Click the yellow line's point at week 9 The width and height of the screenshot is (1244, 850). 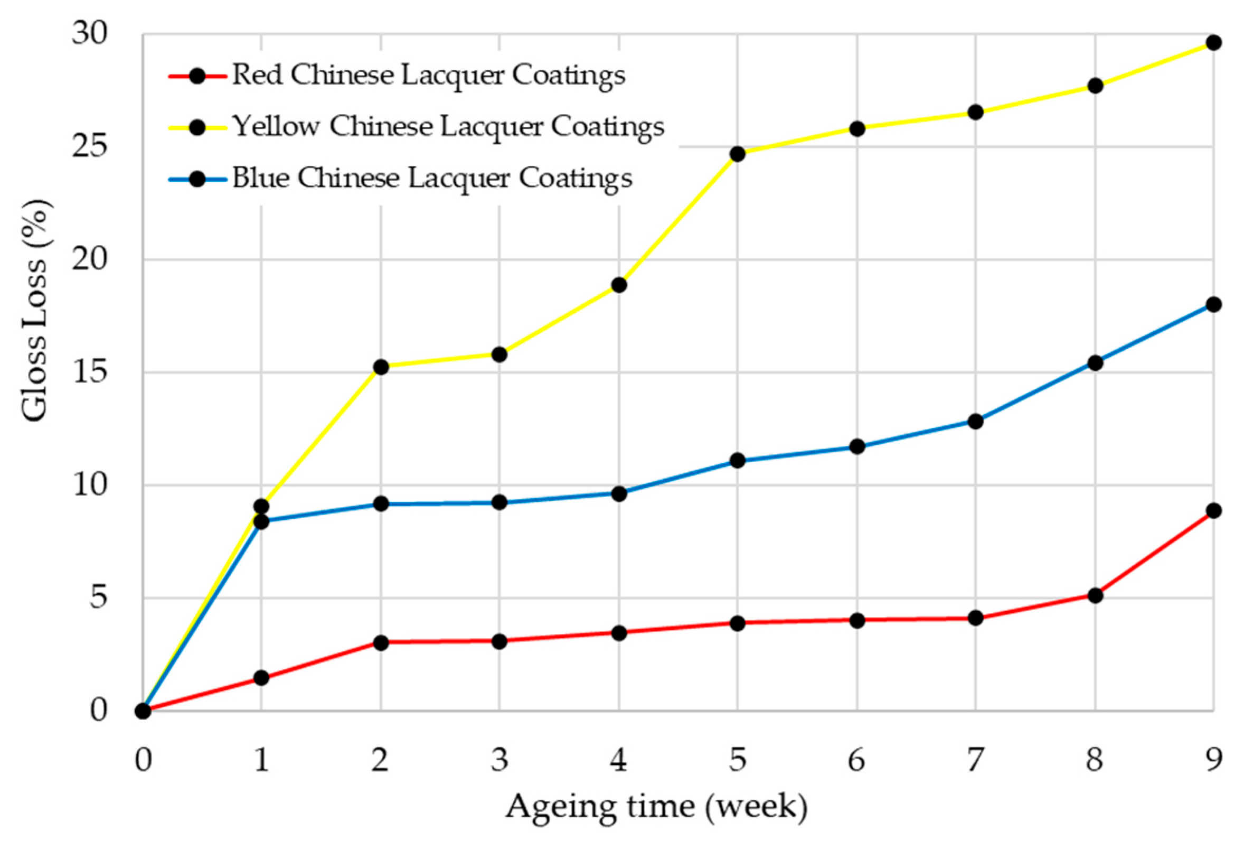(x=1213, y=42)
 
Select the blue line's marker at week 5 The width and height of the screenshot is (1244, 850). (x=738, y=460)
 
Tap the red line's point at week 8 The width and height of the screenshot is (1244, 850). (x=1095, y=595)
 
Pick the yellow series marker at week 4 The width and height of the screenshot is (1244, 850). (x=619, y=285)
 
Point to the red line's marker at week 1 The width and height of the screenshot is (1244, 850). (x=261, y=678)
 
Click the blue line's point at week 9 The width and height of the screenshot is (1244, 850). (x=1213, y=304)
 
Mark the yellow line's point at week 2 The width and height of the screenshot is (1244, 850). (x=381, y=367)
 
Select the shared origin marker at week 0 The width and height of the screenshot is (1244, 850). (x=143, y=711)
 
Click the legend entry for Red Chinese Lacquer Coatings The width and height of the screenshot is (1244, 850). (x=428, y=76)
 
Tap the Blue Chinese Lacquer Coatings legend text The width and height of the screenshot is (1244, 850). (x=432, y=179)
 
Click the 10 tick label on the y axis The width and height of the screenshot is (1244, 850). (x=89, y=485)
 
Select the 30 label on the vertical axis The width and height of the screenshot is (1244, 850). (x=89, y=34)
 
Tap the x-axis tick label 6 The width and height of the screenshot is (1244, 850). (x=856, y=760)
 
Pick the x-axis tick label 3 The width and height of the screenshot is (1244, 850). (x=500, y=760)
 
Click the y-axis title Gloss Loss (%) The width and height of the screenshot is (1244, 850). (x=35, y=311)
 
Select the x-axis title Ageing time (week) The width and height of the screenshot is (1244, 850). (x=656, y=807)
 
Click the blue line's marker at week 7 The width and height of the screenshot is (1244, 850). (x=976, y=421)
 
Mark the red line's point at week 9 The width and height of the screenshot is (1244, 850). (x=1213, y=510)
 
